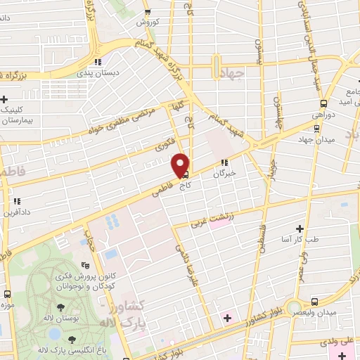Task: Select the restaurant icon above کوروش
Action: click(147, 12)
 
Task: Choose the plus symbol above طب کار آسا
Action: click(300, 229)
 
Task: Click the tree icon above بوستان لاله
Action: click(61, 307)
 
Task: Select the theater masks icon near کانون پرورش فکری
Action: click(86, 265)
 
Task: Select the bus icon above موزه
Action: click(7, 295)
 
